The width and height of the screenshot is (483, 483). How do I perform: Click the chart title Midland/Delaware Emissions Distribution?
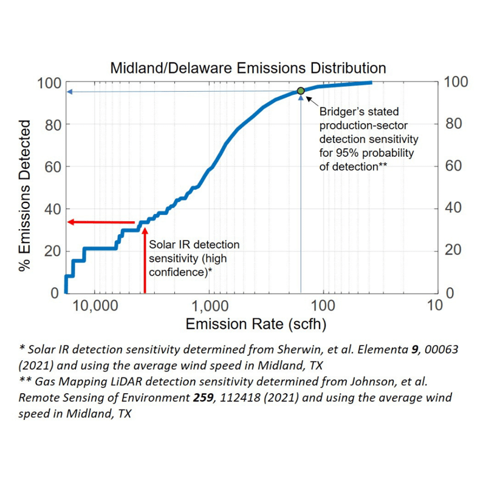coord(248,67)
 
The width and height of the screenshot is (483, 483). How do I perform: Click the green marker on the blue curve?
coord(300,91)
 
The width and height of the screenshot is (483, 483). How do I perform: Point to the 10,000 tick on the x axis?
coord(94,305)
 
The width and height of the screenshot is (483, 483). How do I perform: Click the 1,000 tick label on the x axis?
coord(209,305)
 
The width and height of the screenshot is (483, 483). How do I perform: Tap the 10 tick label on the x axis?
coord(434,305)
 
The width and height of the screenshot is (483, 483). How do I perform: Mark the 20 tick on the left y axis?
coord(51,251)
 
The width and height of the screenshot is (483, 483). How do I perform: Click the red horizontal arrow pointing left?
coord(100,222)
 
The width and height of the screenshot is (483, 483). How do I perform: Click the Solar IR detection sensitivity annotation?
coord(194,258)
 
